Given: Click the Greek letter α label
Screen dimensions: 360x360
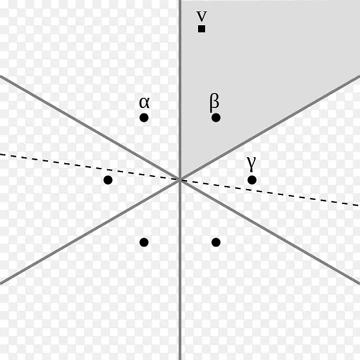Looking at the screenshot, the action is (145, 103).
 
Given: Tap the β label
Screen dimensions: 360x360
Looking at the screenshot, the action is (214, 103).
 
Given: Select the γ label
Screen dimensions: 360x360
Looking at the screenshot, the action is (251, 163).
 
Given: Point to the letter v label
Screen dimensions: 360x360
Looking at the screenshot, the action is (202, 16).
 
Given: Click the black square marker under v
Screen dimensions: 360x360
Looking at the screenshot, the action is (202, 29).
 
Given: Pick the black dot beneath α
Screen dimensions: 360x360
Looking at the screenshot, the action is (144, 118).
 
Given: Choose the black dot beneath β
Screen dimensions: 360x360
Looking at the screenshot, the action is (216, 118).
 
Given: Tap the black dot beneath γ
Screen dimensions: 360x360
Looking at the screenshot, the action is (252, 180).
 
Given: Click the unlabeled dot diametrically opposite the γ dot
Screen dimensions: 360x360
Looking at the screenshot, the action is (108, 180).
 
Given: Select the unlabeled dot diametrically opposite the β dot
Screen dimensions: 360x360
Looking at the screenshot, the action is (144, 242).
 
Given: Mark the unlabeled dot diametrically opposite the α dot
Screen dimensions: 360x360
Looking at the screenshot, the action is (216, 242).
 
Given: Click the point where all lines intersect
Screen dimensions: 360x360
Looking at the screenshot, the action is (180, 180).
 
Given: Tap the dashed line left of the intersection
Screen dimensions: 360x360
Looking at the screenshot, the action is (89, 167).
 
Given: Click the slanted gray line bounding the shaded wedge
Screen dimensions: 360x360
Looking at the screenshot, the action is (270, 128).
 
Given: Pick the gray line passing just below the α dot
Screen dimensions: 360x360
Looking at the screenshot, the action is (90, 128).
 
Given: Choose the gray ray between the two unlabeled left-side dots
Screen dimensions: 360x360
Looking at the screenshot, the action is (90, 232).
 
